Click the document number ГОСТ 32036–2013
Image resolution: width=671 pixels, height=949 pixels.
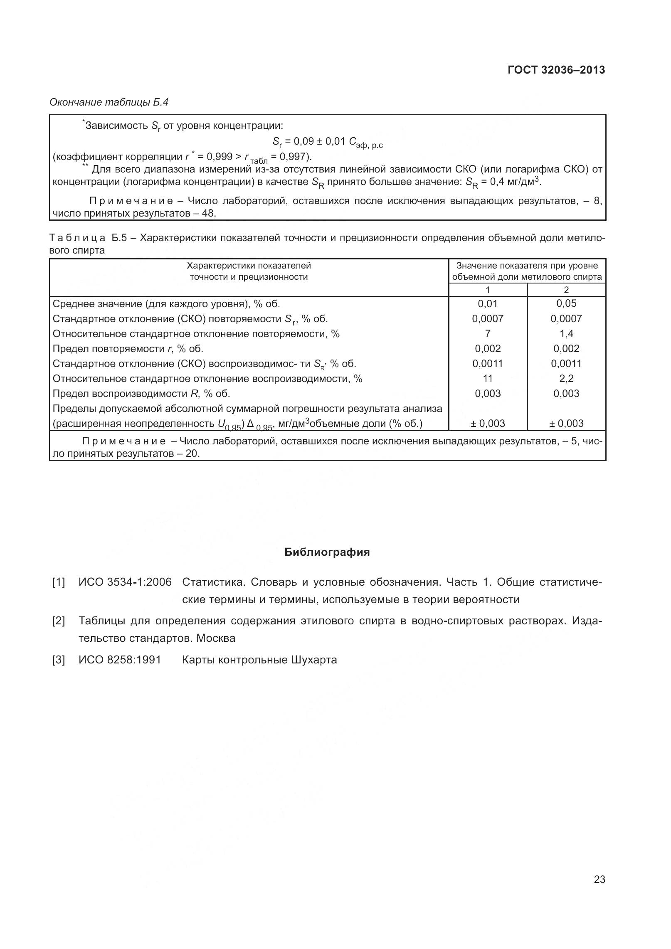(556, 70)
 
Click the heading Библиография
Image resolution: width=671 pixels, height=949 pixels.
(327, 552)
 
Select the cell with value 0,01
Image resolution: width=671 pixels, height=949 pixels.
(488, 304)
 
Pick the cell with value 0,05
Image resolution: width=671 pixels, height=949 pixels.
(566, 303)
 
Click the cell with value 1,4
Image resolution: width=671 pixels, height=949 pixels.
(566, 334)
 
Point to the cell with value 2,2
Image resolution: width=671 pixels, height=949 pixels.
(566, 379)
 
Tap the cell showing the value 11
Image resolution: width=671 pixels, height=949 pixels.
(488, 379)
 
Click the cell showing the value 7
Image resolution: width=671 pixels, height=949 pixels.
(488, 334)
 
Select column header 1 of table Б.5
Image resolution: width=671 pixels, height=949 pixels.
(488, 290)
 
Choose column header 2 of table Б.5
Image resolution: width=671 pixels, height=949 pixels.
(566, 290)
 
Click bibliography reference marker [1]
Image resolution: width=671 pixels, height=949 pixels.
(59, 582)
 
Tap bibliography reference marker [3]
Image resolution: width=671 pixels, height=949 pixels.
(59, 660)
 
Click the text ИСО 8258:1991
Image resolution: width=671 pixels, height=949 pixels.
(120, 660)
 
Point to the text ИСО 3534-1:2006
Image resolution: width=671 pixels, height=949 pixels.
(125, 582)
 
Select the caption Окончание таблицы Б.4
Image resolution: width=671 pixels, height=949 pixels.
(109, 102)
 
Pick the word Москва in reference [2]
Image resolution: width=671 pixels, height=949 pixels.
(216, 638)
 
